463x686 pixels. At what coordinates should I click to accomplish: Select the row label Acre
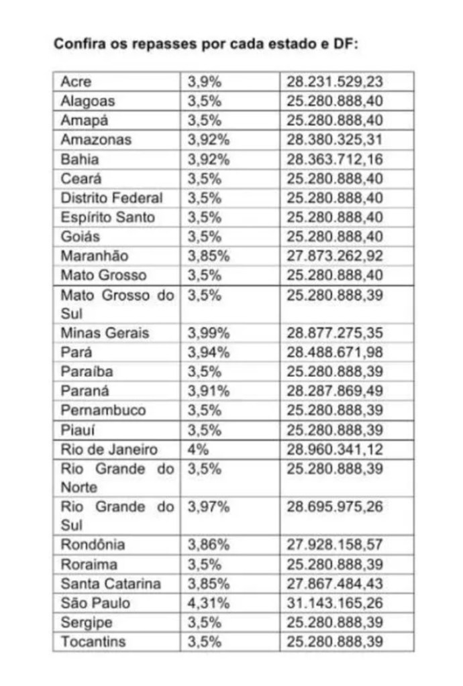(x=75, y=82)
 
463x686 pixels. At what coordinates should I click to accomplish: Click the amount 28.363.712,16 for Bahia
(x=335, y=160)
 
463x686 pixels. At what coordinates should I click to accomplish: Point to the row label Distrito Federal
(x=111, y=198)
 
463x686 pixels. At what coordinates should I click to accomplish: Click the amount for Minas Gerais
(x=335, y=333)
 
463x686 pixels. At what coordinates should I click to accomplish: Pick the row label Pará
(x=76, y=352)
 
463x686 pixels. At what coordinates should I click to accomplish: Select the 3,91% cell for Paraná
(x=208, y=390)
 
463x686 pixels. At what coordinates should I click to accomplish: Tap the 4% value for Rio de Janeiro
(x=198, y=449)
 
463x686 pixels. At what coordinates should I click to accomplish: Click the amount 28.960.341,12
(x=335, y=449)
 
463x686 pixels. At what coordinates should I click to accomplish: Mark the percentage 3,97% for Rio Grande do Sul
(x=208, y=507)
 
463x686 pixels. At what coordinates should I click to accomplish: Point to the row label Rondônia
(x=93, y=545)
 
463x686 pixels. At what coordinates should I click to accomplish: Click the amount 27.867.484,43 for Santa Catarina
(x=335, y=583)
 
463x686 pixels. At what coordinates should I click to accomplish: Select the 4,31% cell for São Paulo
(x=208, y=603)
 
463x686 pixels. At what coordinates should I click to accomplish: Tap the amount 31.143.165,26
(x=335, y=603)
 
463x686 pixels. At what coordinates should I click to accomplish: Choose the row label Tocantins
(x=93, y=642)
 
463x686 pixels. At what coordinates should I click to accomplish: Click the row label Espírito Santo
(x=107, y=217)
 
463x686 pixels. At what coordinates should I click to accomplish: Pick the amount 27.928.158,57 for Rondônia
(x=335, y=545)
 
